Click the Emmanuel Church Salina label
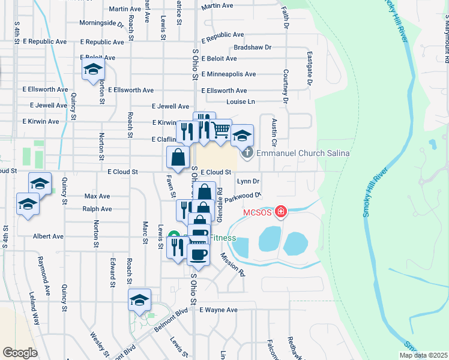click(303, 153)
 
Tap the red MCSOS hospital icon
click(280, 212)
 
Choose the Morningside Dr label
click(101, 24)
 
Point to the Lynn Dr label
click(248, 181)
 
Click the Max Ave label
click(97, 196)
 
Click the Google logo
click(20, 353)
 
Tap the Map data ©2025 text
click(423, 355)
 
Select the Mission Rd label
click(233, 264)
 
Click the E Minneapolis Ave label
click(229, 74)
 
